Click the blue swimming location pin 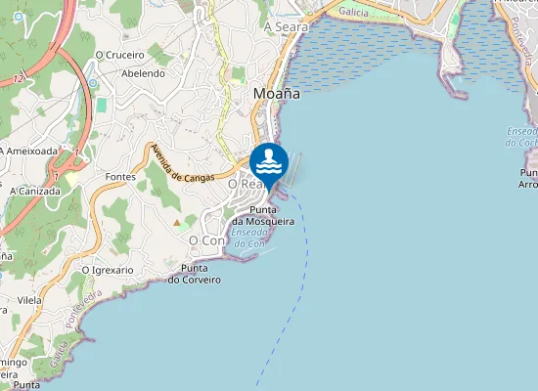269,162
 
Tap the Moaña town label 276,94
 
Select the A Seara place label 286,27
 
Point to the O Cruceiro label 120,56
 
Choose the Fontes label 119,177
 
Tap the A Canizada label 34,191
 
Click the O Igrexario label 108,269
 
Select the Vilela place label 28,301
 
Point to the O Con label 206,239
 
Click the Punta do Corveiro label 194,274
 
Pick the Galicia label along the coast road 353,12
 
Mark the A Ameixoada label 29,151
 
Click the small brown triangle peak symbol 177,222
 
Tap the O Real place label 243,184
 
